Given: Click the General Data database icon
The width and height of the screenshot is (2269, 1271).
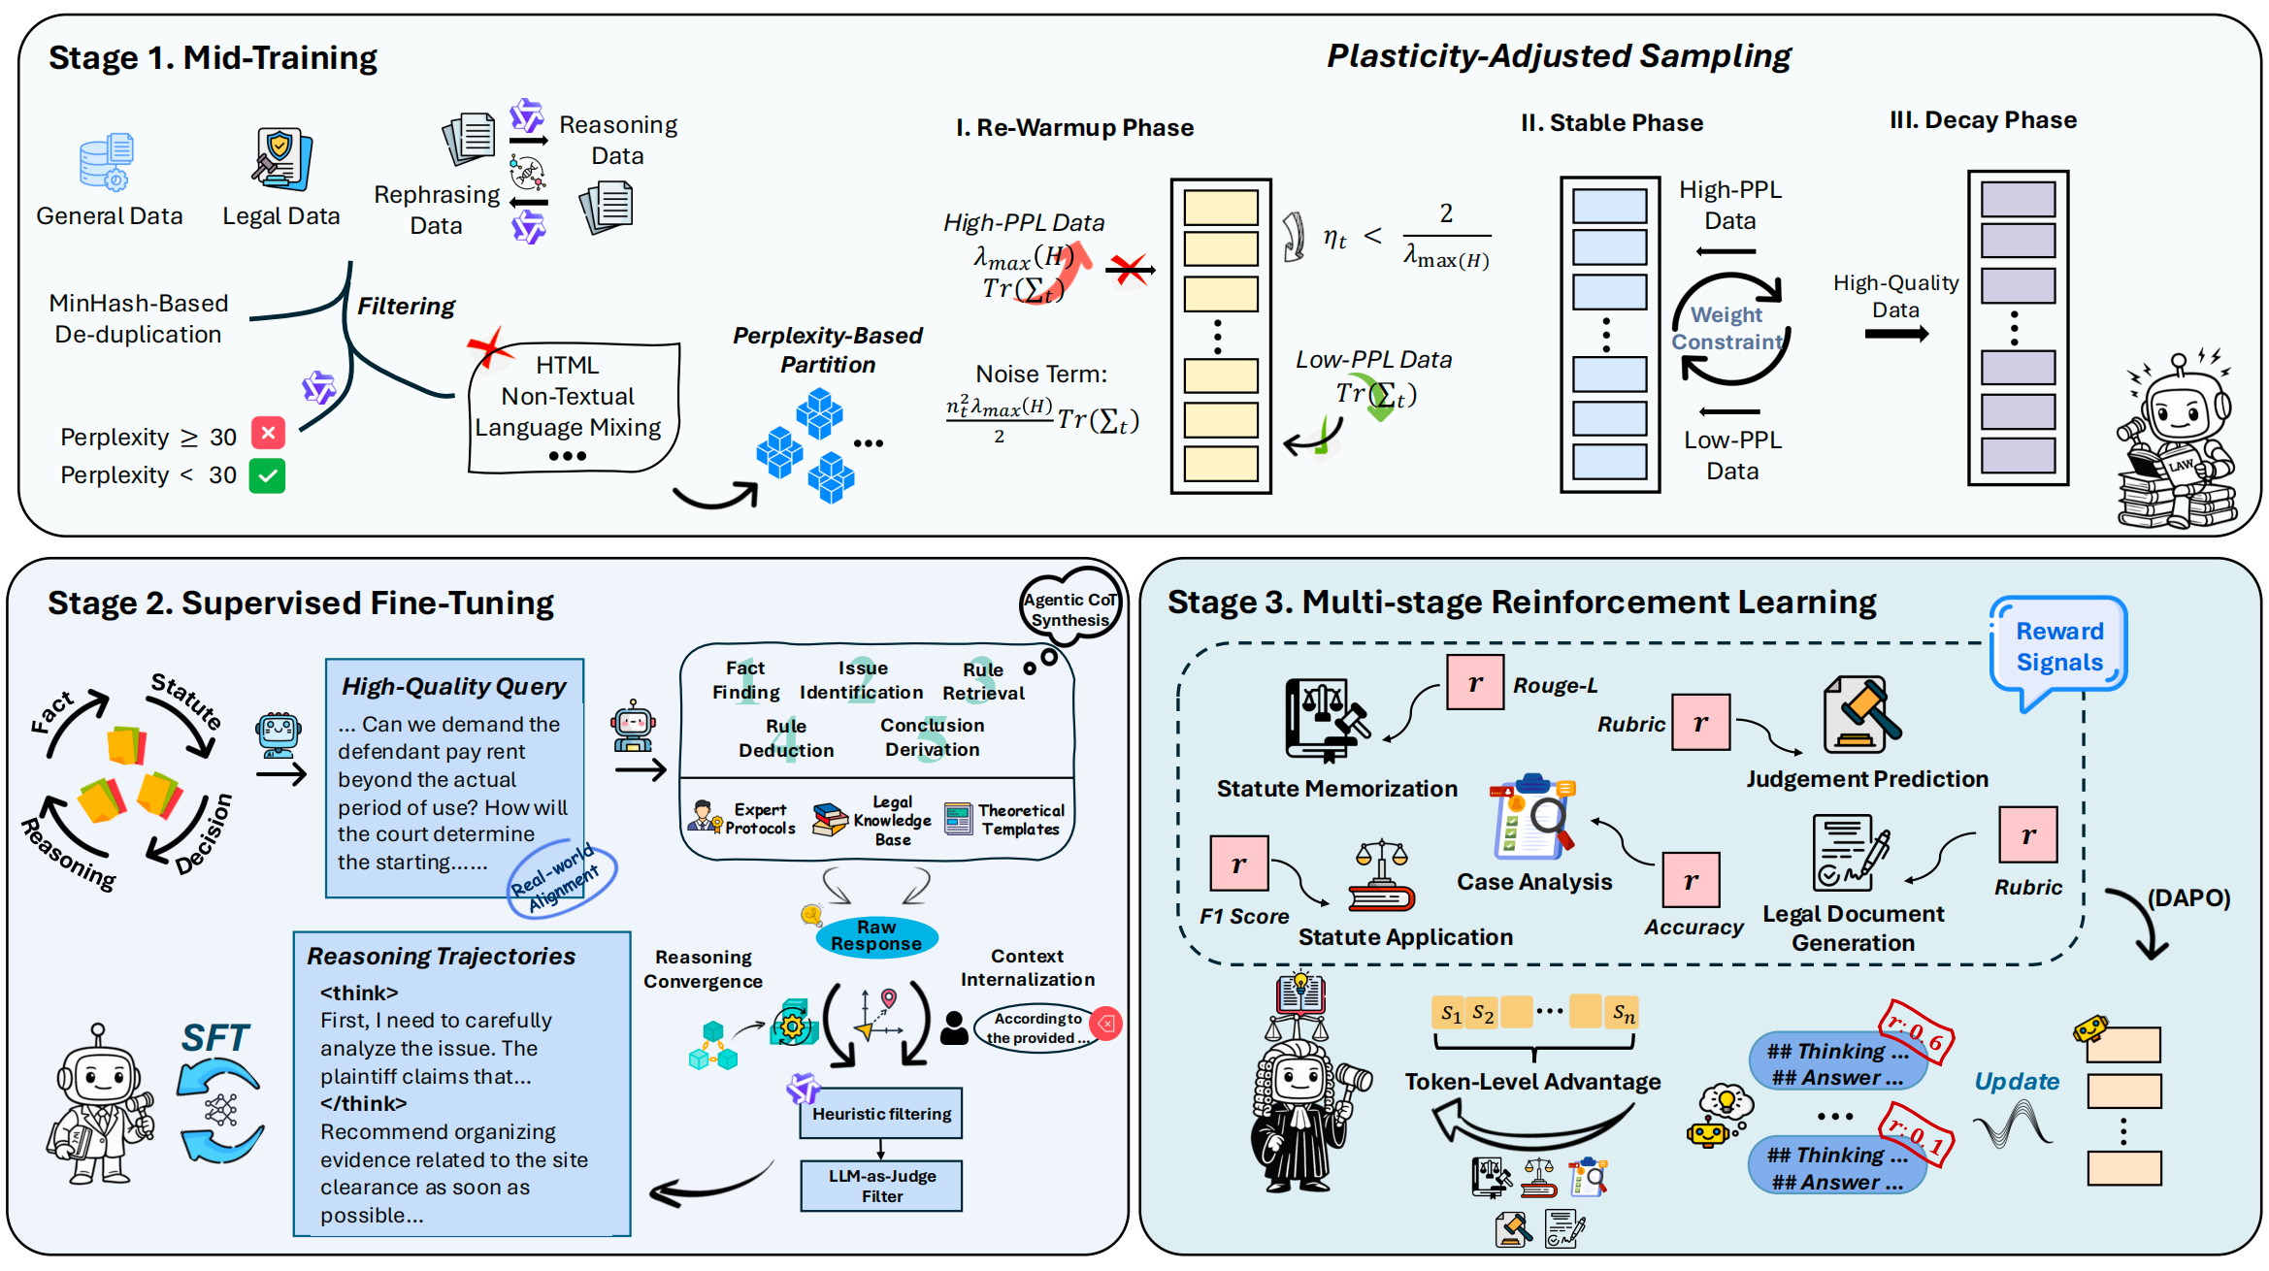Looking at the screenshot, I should pos(106,161).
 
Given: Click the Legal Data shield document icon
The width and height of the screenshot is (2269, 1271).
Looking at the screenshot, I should pos(281,159).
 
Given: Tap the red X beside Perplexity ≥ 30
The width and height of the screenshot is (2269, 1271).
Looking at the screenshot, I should pos(268,433).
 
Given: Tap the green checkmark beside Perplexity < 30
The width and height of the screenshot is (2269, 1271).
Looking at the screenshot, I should pos(267,475).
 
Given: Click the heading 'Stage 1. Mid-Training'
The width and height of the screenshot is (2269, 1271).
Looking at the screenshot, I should pos(213,58).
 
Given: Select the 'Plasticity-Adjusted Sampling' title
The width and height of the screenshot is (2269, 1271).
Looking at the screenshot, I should pos(1558,56).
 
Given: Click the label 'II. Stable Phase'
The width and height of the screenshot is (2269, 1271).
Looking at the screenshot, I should pos(1611,123).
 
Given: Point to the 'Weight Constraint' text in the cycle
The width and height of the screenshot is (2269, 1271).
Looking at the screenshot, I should pos(1726,328).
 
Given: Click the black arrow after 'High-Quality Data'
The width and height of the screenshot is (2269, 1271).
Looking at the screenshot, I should pos(1896,334).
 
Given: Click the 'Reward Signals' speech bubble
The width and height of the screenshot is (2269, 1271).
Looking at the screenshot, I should pos(2058,647).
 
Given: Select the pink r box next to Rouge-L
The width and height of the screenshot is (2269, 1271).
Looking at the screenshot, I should pos(1474,683).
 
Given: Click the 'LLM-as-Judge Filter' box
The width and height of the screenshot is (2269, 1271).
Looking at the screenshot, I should pos(881,1186).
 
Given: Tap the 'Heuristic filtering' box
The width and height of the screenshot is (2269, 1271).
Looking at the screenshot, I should pos(881,1114).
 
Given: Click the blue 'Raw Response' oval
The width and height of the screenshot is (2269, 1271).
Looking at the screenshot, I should pos(876,935).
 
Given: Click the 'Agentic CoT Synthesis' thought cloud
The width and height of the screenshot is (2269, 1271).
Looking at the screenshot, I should pos(1070,609).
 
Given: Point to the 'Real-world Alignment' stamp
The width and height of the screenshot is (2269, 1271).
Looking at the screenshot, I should pos(561,878).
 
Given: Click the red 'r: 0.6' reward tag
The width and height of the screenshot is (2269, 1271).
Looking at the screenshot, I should pos(1916,1033).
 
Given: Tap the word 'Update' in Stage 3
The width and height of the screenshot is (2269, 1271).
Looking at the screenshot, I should pos(2016,1082).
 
